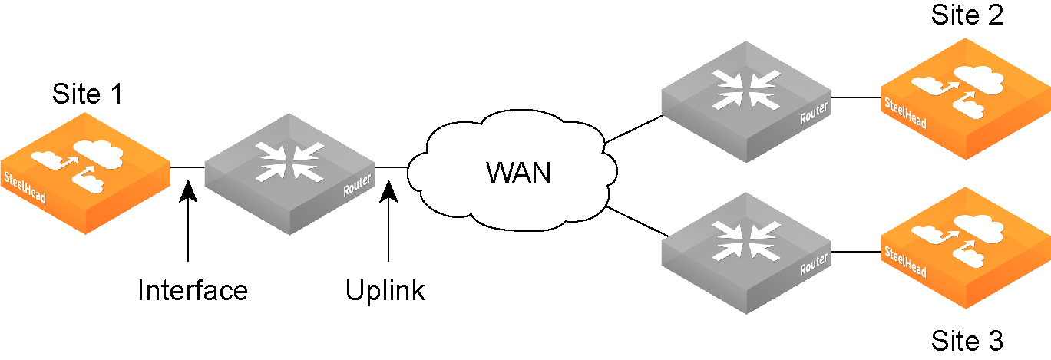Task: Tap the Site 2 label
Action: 967,15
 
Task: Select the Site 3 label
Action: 967,341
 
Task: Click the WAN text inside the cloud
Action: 518,173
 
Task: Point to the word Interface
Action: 193,290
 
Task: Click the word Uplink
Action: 385,290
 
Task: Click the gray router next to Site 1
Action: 289,173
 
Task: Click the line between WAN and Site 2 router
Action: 634,129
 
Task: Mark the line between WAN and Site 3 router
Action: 634,220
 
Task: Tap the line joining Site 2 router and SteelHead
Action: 856,97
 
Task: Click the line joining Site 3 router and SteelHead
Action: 856,250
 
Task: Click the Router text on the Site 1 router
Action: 358,185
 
